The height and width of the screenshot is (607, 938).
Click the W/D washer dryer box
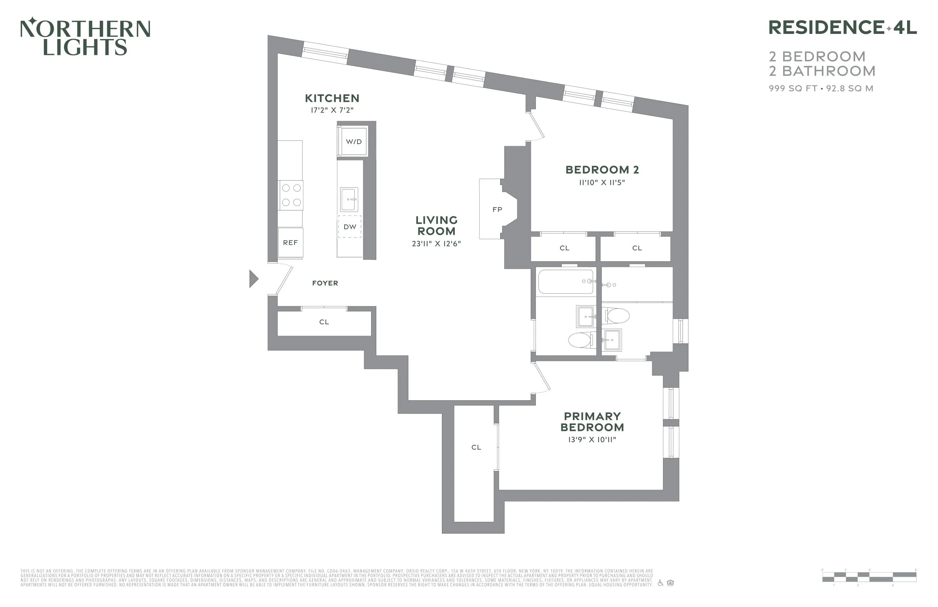353,142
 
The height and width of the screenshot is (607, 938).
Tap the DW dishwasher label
349,227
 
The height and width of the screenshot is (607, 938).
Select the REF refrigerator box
290,243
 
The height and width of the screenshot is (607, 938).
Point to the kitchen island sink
349,199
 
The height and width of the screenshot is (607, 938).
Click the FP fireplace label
497,210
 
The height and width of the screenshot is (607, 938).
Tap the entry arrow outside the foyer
254,279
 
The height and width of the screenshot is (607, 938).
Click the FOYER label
325,283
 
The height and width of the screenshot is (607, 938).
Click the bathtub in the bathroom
565,282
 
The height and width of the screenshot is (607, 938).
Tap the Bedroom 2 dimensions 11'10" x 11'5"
602,182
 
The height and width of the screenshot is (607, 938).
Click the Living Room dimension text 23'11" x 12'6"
436,244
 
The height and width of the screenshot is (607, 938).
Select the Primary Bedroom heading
592,422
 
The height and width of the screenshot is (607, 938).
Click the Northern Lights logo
85,36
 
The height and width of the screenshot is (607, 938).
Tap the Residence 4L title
842,28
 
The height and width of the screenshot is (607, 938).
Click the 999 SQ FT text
792,89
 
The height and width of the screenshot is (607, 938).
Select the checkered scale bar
869,577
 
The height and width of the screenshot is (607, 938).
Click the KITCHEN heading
332,98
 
